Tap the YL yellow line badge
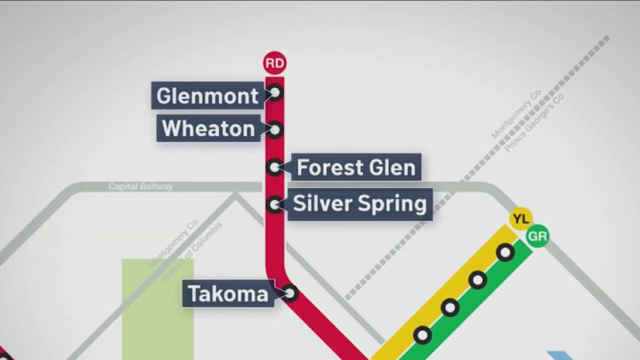(x=521, y=219)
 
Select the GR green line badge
(x=537, y=237)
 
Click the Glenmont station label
(x=207, y=96)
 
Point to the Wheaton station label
(x=209, y=129)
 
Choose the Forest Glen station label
(x=356, y=167)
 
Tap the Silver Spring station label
(x=360, y=204)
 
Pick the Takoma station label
(x=228, y=294)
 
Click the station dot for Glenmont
(x=275, y=93)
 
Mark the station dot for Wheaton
(x=275, y=130)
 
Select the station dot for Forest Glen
(x=274, y=167)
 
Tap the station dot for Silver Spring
(x=274, y=204)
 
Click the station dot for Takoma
(x=290, y=293)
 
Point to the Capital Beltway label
(x=140, y=187)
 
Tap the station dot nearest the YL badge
(x=505, y=252)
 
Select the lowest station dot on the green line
(x=422, y=335)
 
